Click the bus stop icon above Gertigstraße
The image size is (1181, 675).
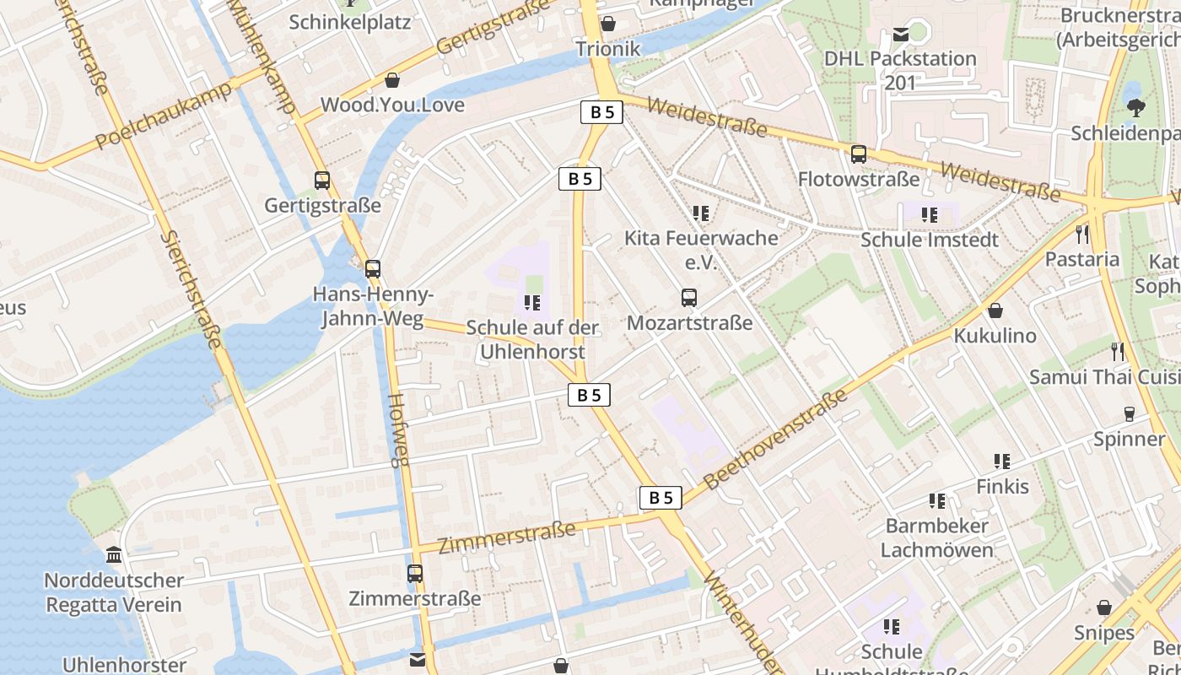click(x=322, y=180)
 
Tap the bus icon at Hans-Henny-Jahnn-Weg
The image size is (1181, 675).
click(x=372, y=269)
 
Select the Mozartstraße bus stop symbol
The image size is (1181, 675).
click(x=689, y=297)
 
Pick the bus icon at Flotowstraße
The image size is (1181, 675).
click(x=859, y=154)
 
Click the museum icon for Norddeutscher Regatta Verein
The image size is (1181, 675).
click(x=114, y=555)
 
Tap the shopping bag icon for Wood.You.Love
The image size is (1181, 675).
click(x=392, y=80)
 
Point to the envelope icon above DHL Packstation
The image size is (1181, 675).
click(x=900, y=35)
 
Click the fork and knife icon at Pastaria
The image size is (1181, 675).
click(x=1082, y=234)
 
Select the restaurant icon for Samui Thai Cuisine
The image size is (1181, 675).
click(x=1118, y=351)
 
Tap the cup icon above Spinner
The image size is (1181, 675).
click(x=1129, y=413)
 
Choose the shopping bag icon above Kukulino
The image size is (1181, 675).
click(x=995, y=310)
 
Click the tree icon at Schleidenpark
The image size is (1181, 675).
click(x=1135, y=107)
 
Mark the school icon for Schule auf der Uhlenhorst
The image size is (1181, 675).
click(x=531, y=302)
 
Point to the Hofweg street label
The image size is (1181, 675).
click(x=398, y=430)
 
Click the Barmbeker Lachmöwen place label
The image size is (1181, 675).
click(x=936, y=538)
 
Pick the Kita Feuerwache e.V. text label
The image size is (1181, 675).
click(x=700, y=250)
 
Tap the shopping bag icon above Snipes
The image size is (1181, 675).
click(x=1104, y=607)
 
